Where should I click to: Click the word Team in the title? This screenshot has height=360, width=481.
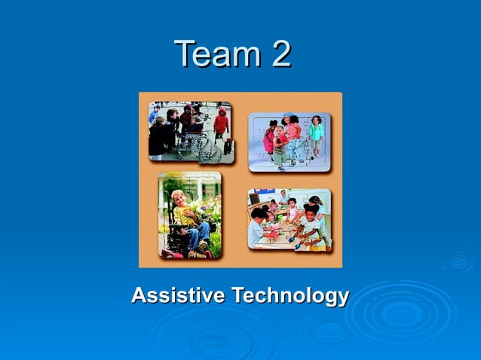coord(209,54)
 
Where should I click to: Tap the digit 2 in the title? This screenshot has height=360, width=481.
coord(277,54)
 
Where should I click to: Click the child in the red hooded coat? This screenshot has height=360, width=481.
coord(222,124)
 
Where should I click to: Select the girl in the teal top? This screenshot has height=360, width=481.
coord(316,133)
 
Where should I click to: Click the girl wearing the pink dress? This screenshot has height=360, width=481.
coord(269,139)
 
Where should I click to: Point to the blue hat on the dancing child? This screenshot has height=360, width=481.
coord(286,118)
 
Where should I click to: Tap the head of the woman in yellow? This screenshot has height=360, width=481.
coord(179,197)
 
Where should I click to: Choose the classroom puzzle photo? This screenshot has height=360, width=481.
coord(290,220)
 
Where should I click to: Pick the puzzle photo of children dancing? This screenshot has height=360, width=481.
coord(290,142)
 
